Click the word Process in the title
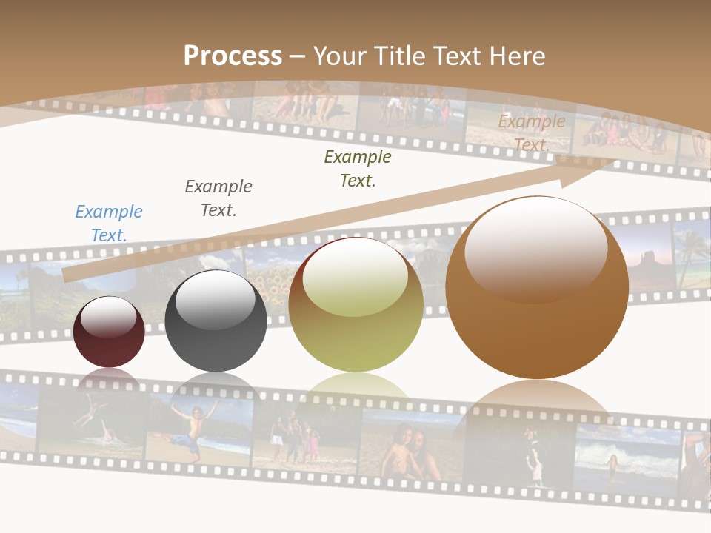pyautogui.click(x=233, y=56)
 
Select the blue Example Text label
pyautogui.click(x=109, y=224)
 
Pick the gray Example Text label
pyautogui.click(x=218, y=198)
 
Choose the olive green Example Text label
pyautogui.click(x=358, y=168)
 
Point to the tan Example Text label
pyautogui.click(x=532, y=133)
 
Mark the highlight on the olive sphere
pyautogui.click(x=355, y=277)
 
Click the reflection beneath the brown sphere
pyautogui.click(x=537, y=403)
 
